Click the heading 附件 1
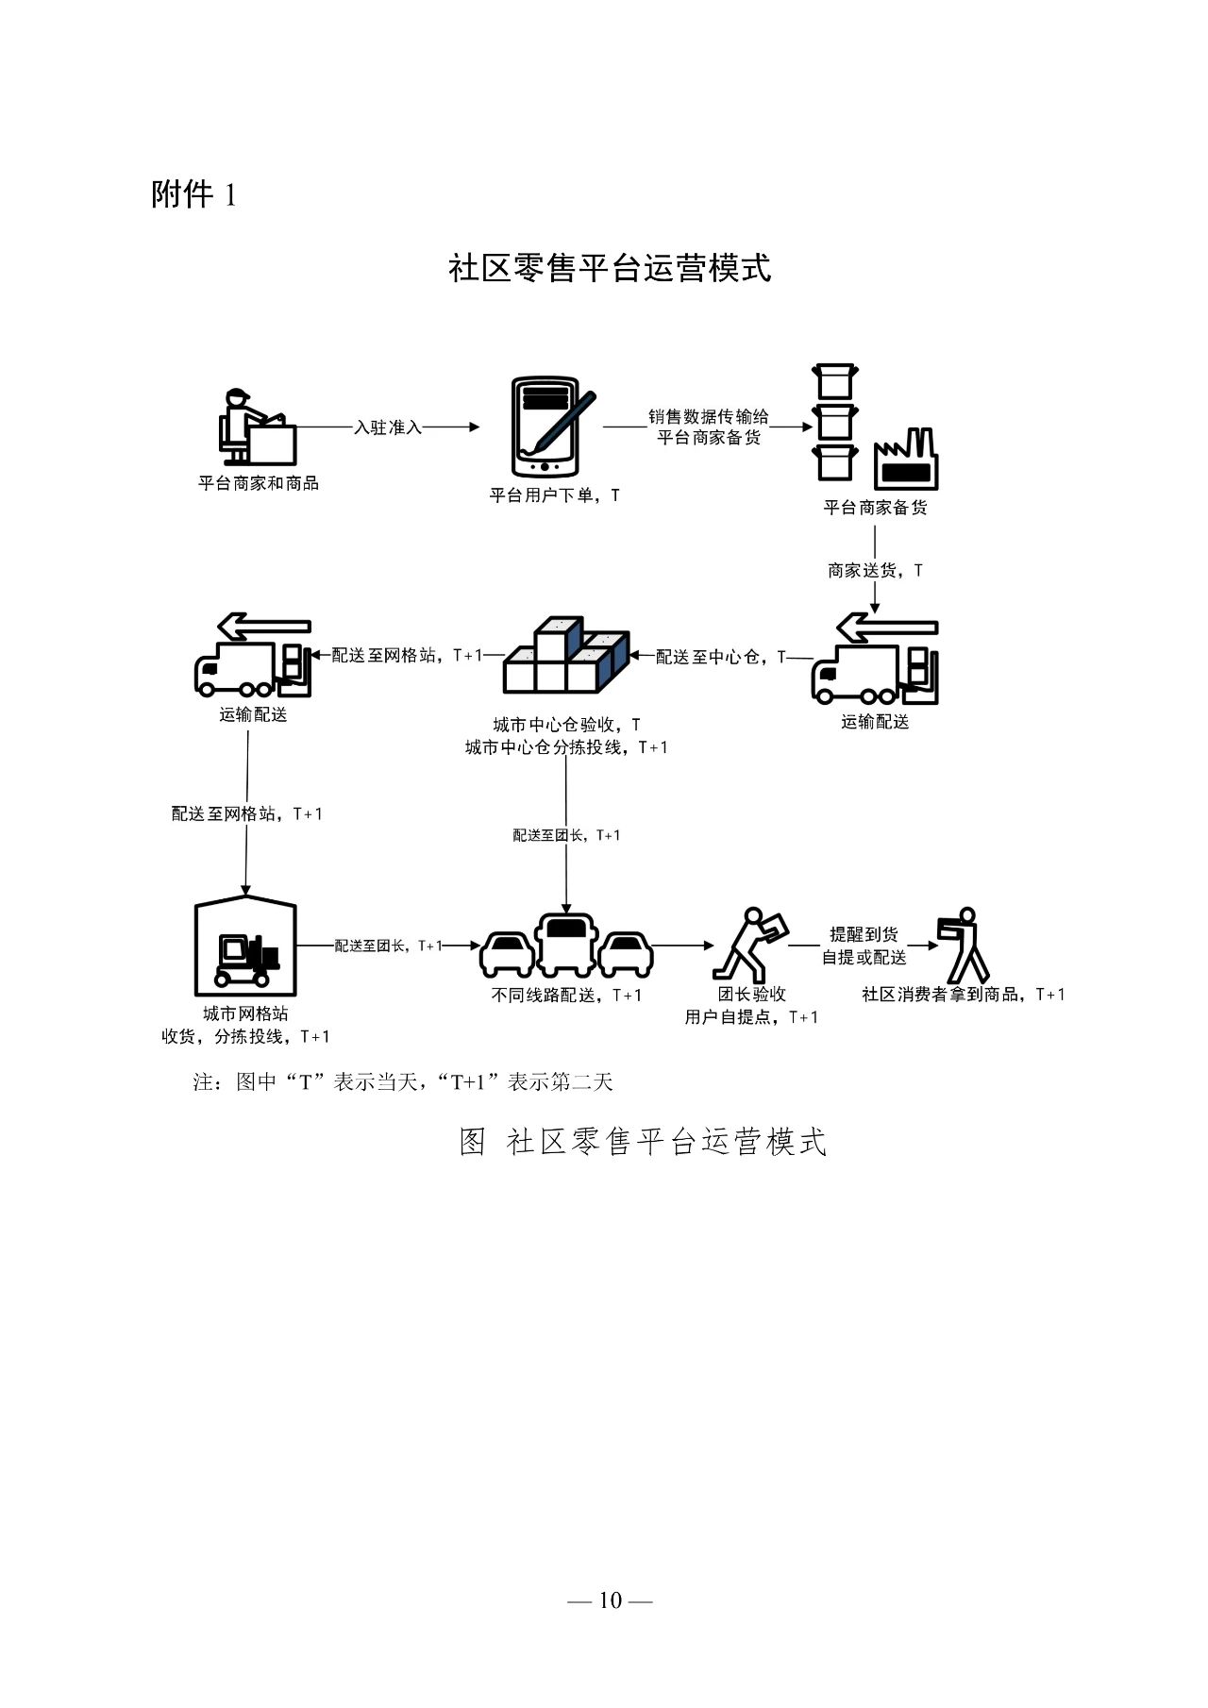(x=193, y=194)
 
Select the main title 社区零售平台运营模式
(x=610, y=268)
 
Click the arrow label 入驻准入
(x=388, y=427)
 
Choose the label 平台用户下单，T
(x=554, y=494)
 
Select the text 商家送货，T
(x=875, y=570)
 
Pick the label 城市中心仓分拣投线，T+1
(x=566, y=747)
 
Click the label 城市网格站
(x=245, y=1013)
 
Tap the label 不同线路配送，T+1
(x=566, y=995)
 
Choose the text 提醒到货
(x=864, y=934)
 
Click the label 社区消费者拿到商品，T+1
(x=964, y=994)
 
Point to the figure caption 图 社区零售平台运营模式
(x=643, y=1142)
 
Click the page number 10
(x=610, y=1600)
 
